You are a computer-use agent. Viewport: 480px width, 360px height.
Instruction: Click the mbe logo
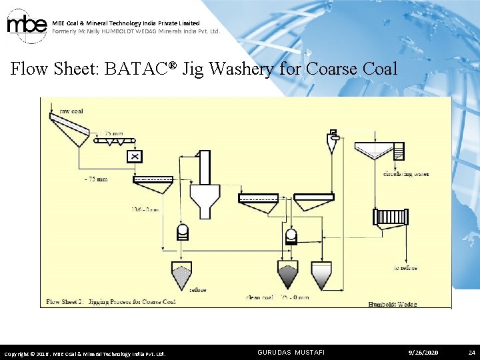26,26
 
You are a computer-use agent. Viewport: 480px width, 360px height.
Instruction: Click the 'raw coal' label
71,111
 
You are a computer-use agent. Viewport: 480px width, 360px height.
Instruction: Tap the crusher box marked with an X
135,156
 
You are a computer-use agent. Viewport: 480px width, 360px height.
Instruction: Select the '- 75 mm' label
95,179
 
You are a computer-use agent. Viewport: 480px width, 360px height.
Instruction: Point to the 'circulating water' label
406,174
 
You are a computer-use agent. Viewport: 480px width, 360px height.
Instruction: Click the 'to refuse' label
405,267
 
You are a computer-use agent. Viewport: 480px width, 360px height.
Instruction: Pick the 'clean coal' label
259,297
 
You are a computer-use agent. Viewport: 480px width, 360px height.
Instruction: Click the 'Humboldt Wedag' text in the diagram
393,304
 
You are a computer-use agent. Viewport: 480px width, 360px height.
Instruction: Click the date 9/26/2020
424,352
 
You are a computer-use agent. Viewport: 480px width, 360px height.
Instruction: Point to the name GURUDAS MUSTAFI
291,352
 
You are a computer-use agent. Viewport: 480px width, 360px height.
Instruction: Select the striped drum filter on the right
391,217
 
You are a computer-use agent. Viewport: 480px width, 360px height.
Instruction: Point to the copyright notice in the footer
85,353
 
